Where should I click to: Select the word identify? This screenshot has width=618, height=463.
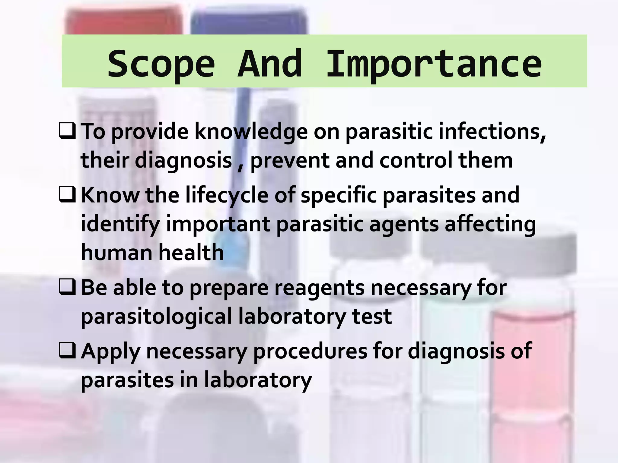pos(120,225)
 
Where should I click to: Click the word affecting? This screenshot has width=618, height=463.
pos(490,225)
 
